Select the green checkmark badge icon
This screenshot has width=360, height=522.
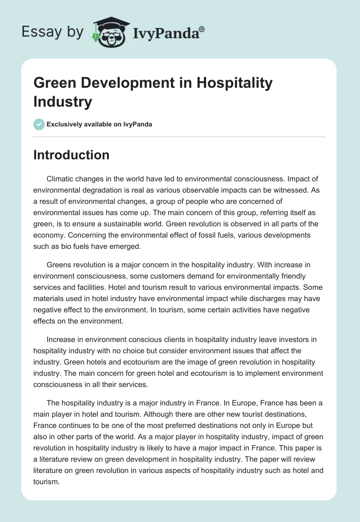[x=39, y=124]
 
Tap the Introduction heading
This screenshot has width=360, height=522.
[x=71, y=155]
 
